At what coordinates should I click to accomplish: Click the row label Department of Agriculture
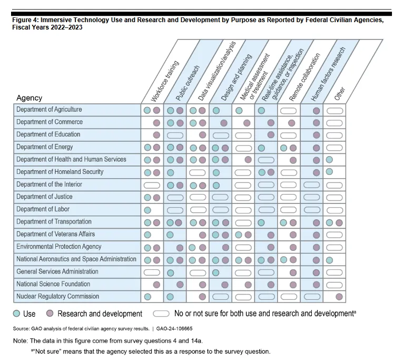49,110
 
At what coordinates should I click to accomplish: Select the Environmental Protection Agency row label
58,247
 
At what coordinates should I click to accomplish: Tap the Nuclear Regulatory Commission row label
57,296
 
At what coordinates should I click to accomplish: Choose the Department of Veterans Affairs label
55,234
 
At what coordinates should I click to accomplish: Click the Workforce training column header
165,81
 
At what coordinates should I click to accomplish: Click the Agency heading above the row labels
29,98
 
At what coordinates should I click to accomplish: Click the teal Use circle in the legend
17,314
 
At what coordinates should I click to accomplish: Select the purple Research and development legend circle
50,314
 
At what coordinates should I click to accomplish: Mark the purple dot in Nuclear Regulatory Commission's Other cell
339,297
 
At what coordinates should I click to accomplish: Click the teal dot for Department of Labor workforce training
148,209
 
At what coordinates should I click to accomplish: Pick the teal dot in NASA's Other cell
329,259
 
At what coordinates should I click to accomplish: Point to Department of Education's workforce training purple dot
156,135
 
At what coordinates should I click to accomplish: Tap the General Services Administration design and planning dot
216,272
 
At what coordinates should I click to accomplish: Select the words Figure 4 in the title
26,20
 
